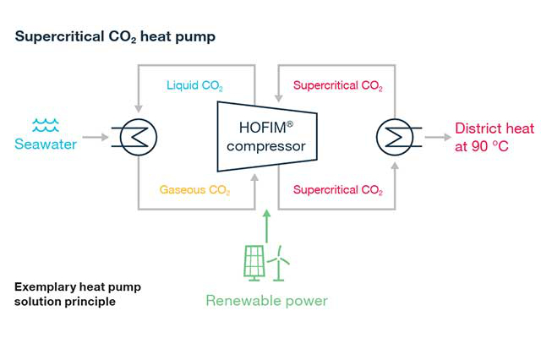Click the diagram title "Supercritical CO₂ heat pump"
115,36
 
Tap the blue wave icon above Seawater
45,125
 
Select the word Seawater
46,144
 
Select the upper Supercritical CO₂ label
337,86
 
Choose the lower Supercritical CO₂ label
337,190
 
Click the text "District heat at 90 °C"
495,137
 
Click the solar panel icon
254,262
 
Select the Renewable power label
266,301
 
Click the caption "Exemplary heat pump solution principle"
78,294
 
